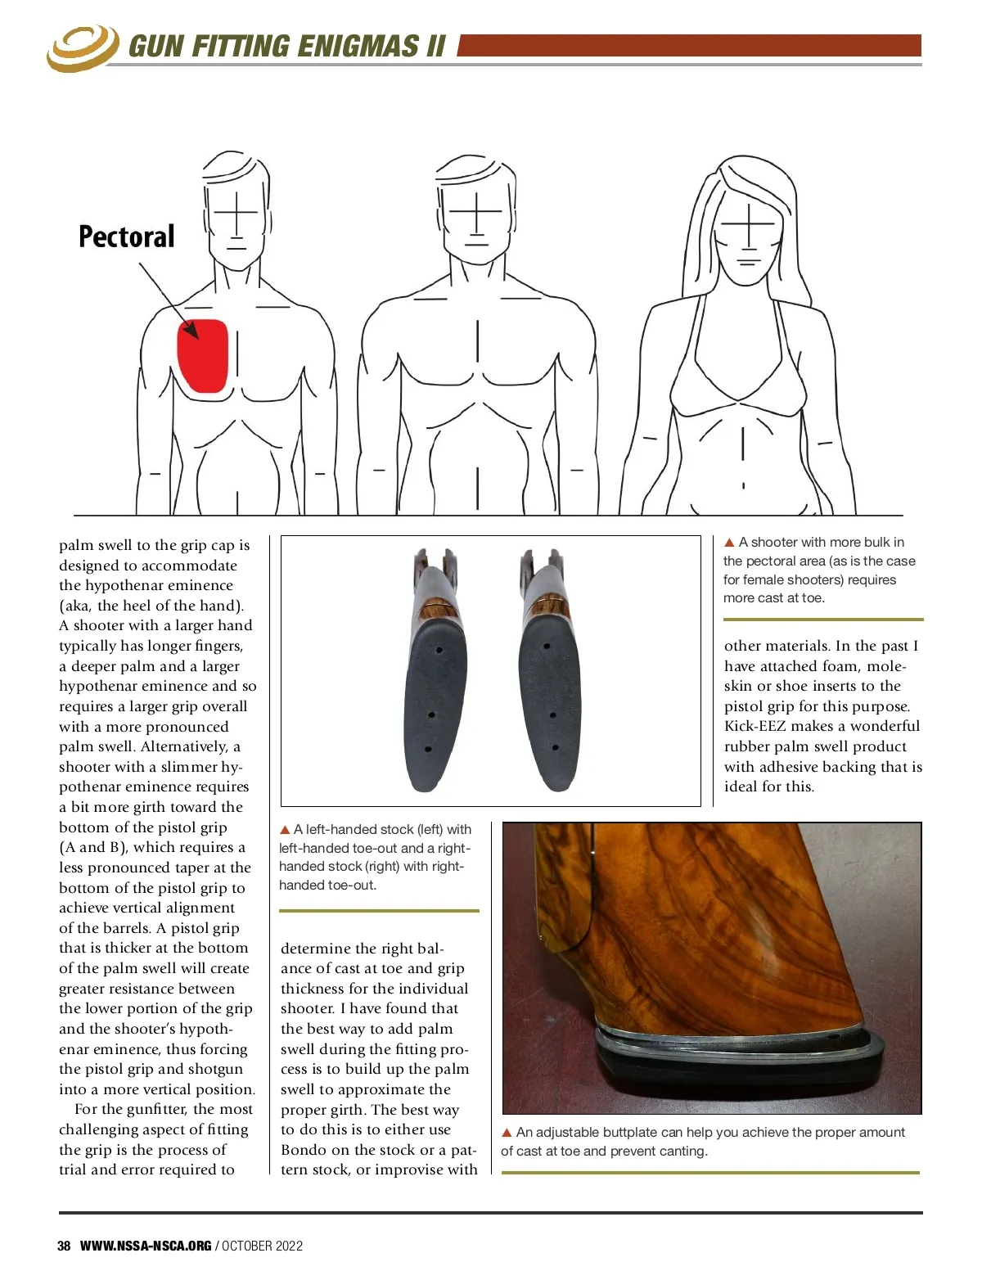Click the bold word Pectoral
coord(127,237)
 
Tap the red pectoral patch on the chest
coord(203,356)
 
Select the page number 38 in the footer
coord(64,1246)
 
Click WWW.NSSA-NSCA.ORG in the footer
coord(146,1246)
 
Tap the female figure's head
coord(746,225)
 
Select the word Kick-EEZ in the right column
coord(753,726)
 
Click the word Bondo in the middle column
coord(304,1150)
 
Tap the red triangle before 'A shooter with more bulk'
coord(729,543)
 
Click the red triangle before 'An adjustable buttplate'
coord(507,1133)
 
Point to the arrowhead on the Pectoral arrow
coord(191,331)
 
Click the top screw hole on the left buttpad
coord(439,651)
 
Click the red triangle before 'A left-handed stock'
coord(285,830)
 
